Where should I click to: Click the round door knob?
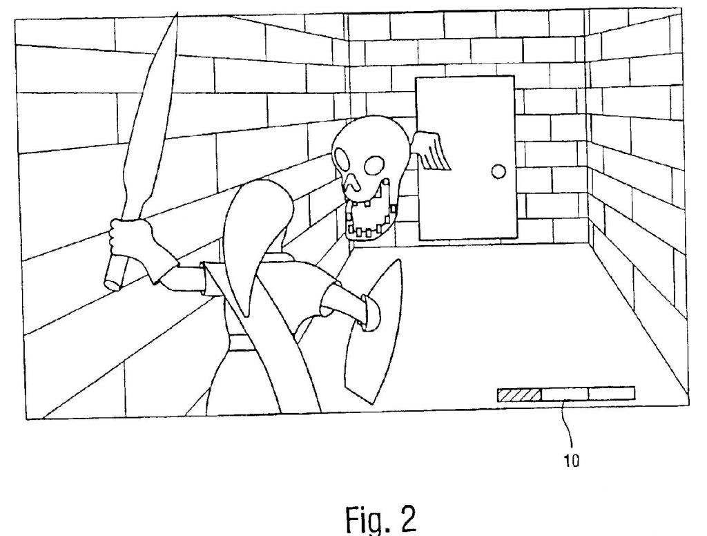(x=498, y=171)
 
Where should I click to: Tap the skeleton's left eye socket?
(x=342, y=160)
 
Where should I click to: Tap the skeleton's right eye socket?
(x=375, y=164)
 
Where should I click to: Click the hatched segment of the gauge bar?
(x=519, y=395)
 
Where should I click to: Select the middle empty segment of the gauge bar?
(x=565, y=394)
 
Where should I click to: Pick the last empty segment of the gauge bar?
(x=612, y=394)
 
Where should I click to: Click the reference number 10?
(x=571, y=461)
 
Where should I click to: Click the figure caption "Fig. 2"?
(x=381, y=519)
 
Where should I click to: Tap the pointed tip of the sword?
(x=176, y=14)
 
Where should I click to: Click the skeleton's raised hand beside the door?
(x=433, y=151)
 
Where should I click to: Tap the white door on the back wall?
(x=466, y=158)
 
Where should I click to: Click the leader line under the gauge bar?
(x=570, y=425)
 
